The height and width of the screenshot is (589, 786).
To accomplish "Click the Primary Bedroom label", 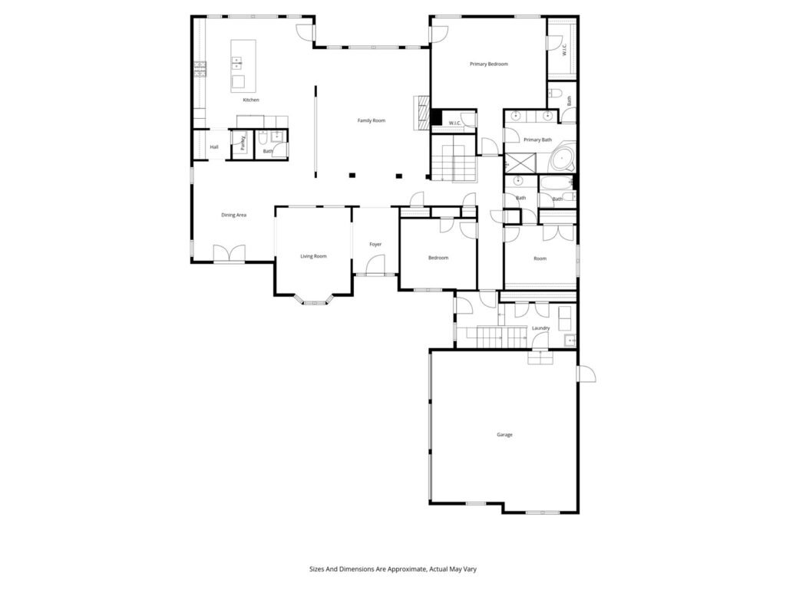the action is point(489,64).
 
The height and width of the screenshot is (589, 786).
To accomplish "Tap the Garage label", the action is point(504,435).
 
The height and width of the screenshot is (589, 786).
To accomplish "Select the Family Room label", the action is point(372,120).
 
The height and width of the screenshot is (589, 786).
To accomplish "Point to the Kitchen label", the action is point(251,100).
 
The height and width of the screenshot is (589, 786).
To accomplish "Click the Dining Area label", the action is point(233,216).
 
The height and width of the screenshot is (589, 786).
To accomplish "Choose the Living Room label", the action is point(313,256).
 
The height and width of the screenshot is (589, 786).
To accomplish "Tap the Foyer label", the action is point(375,245).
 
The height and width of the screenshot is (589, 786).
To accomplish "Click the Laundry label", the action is point(541,328).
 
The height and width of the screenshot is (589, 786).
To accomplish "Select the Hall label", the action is point(214,147).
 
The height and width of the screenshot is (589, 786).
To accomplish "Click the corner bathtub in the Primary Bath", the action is point(563,160).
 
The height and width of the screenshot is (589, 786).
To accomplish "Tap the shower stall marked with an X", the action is point(520,162).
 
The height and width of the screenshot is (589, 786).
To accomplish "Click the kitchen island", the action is point(243,66).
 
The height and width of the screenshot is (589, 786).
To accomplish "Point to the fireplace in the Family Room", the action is point(422,113).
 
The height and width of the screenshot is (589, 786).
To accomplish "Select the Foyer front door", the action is point(375,265).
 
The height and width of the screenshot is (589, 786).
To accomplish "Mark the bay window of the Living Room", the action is point(314,300).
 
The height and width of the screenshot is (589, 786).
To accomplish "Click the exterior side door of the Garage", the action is point(586,374).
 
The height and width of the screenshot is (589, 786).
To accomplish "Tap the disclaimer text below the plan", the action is point(393,569).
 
